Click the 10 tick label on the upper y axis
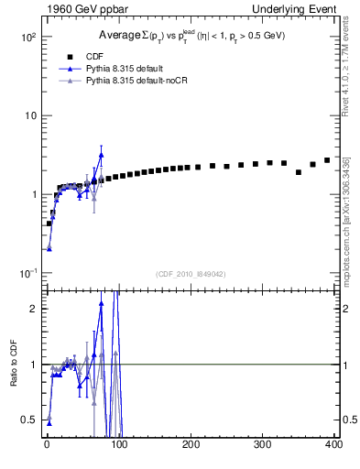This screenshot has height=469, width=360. pyautogui.click(x=29, y=115)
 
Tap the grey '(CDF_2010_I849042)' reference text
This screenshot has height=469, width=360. pyautogui.click(x=191, y=273)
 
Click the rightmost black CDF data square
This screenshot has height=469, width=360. pyautogui.click(x=327, y=160)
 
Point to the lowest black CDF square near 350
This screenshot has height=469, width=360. pyautogui.click(x=299, y=172)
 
